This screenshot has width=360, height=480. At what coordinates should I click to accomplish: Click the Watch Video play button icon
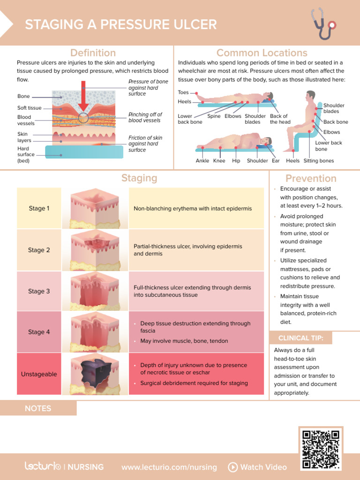233,467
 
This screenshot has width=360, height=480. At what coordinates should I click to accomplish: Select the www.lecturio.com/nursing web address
169,467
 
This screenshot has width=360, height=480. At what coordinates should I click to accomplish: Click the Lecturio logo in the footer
43,466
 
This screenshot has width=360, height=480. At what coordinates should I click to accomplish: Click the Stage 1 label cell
39,208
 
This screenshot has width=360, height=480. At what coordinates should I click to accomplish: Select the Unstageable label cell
39,374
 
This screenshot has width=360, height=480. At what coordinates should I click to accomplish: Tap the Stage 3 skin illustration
95,291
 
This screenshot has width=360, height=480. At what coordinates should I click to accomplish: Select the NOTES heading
38,408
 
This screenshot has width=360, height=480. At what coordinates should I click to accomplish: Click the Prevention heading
311,179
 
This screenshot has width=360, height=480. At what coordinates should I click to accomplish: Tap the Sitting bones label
319,161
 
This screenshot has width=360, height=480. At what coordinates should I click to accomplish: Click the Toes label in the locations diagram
183,93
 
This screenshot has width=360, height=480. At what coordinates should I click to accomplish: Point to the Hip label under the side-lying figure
236,161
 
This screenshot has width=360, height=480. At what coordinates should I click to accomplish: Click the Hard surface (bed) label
26,155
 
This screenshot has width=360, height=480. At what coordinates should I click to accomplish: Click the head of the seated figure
310,96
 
